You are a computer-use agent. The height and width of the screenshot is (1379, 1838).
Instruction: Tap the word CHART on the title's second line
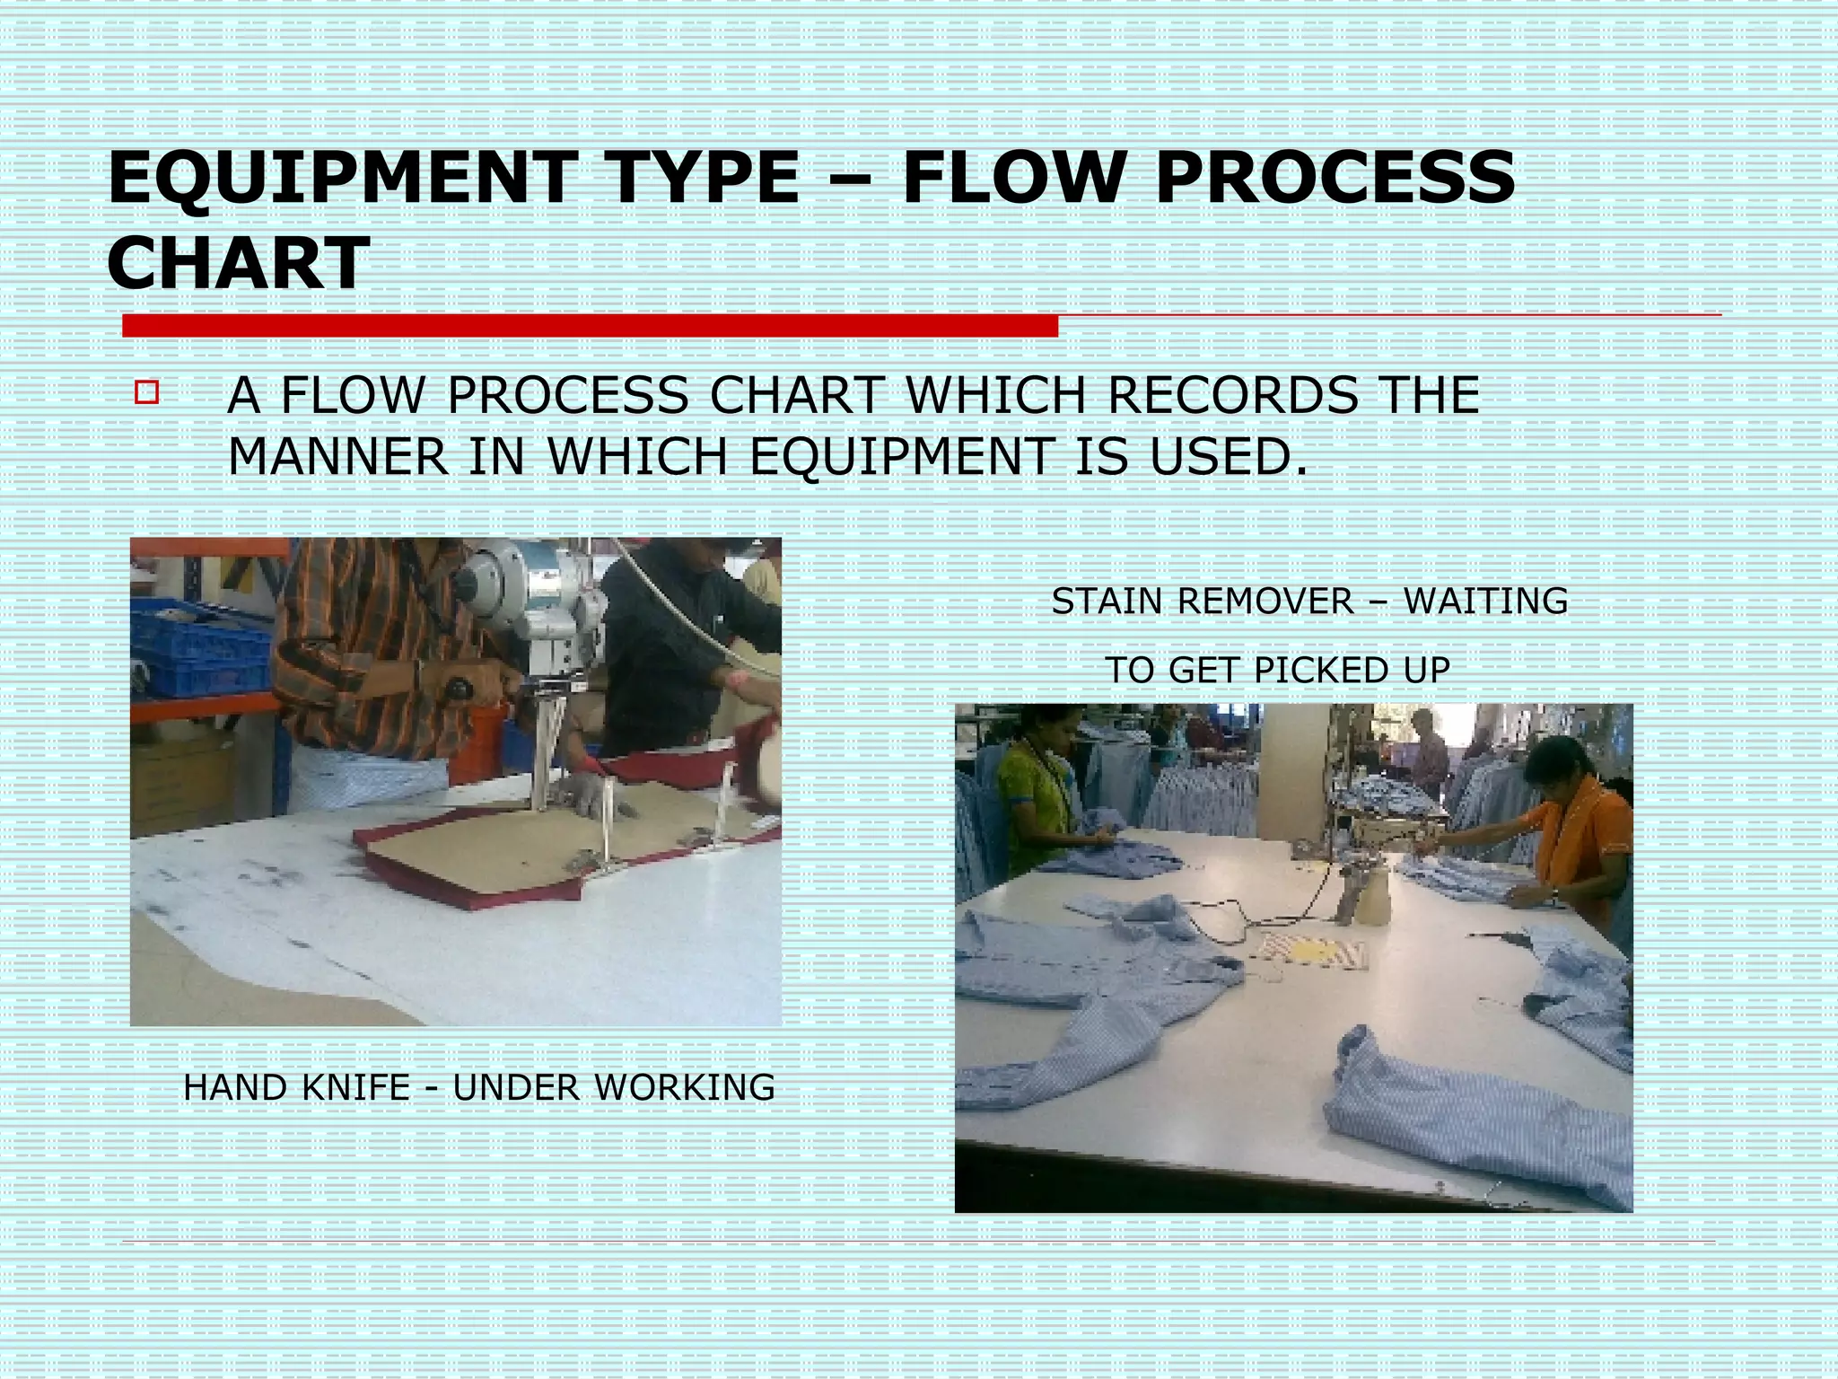pos(238,262)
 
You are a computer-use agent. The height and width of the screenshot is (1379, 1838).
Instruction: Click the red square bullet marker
pos(146,393)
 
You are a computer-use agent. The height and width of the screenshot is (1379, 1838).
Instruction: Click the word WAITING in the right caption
pos(1486,601)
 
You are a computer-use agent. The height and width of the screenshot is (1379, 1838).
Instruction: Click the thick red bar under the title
pos(590,326)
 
